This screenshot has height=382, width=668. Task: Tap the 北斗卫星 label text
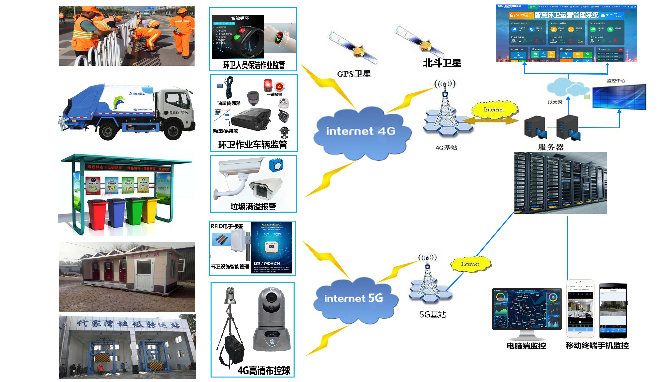point(442,63)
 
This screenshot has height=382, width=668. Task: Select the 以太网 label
point(555,102)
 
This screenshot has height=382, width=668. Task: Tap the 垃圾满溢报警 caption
point(253,206)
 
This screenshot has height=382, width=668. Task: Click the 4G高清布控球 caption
point(264,371)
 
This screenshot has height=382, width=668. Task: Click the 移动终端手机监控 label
point(597,346)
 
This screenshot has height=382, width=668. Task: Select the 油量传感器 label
point(229,103)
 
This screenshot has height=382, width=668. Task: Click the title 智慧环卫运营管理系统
point(566,15)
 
